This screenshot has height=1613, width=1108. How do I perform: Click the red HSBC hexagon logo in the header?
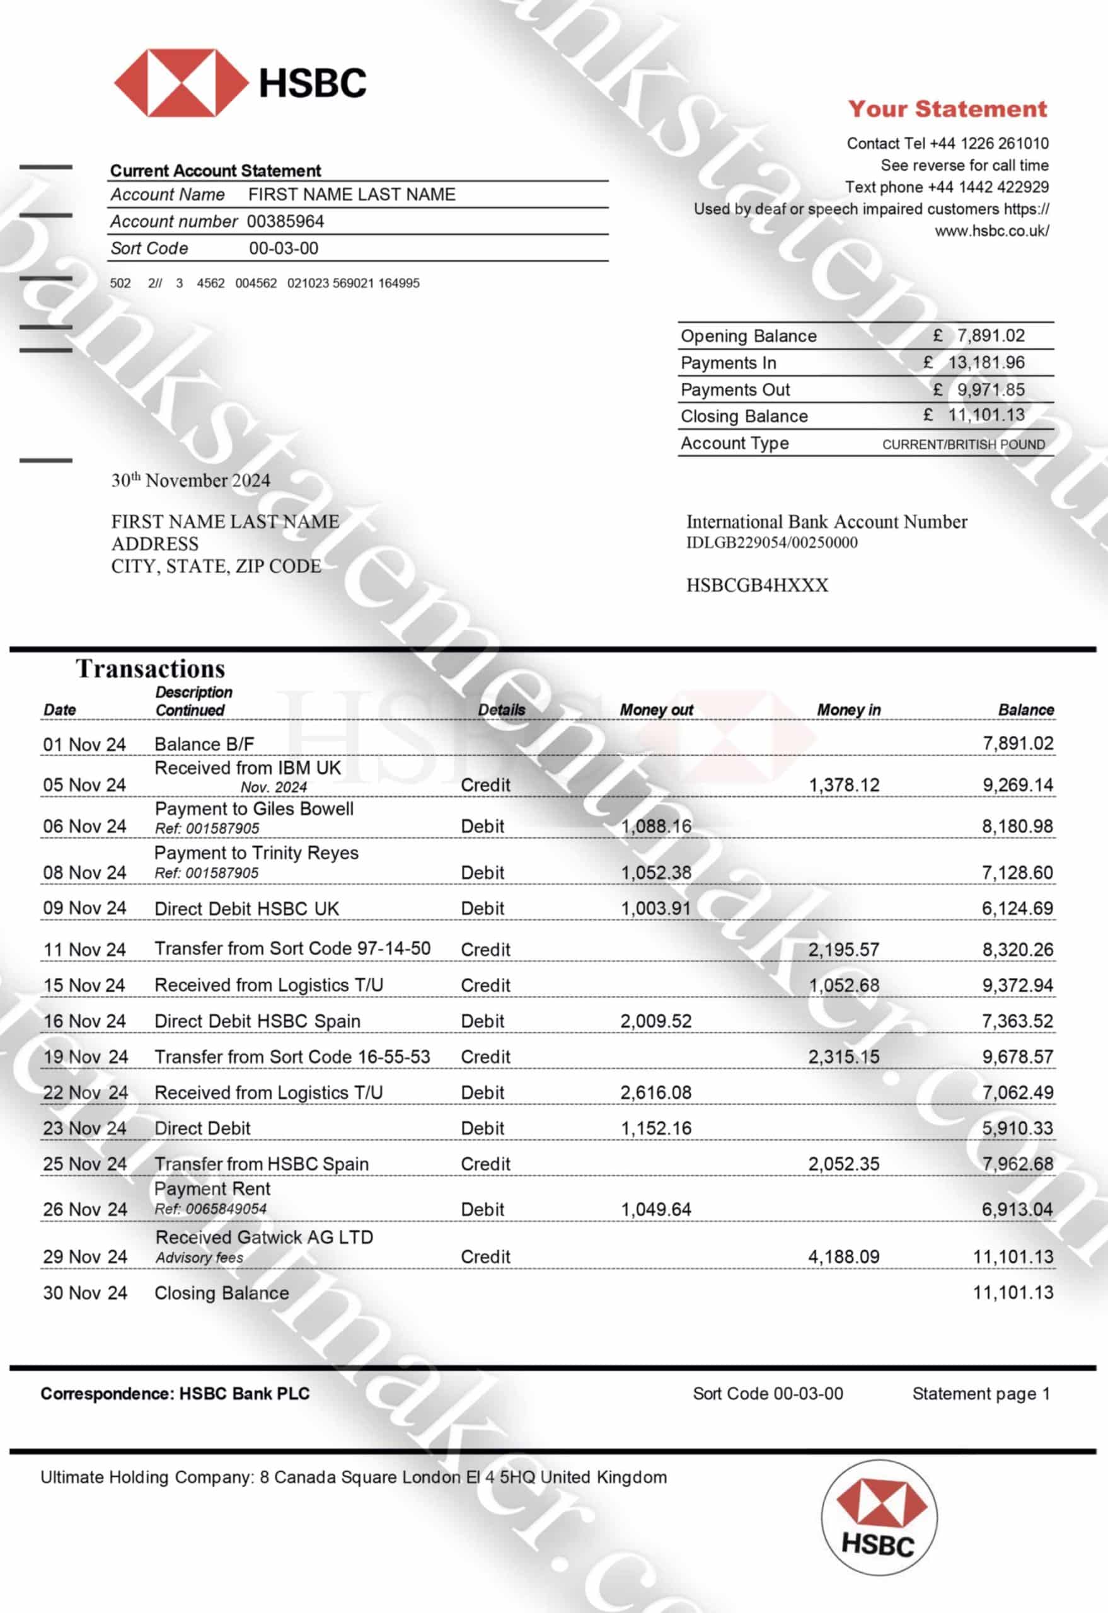[x=180, y=83]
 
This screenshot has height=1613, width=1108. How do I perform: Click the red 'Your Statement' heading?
[x=947, y=109]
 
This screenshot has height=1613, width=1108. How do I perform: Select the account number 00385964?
[x=286, y=221]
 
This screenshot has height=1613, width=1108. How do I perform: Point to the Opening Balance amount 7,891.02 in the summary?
[x=990, y=336]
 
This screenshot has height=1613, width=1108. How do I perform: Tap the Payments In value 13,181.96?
[x=986, y=362]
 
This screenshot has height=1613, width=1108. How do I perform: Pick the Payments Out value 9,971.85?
[x=990, y=389]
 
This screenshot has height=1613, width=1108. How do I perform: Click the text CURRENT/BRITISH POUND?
[x=963, y=444]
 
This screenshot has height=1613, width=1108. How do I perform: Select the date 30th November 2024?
[x=191, y=480]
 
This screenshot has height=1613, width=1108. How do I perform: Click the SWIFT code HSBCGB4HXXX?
[x=757, y=585]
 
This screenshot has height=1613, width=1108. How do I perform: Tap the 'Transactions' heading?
[x=151, y=669]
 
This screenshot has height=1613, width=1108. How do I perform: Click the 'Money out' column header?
[x=656, y=709]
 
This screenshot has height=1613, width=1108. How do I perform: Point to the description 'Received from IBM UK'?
[x=248, y=767]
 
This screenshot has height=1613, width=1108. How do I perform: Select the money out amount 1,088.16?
[x=656, y=826]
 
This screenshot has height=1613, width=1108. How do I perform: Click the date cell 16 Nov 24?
[x=84, y=1021]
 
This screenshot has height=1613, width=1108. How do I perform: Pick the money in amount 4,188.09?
[x=843, y=1256]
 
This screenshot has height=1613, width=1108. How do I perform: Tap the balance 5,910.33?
[x=1017, y=1128]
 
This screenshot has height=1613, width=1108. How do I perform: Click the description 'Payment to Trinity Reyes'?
[x=256, y=852]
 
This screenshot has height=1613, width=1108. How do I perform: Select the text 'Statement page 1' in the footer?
[x=980, y=1393]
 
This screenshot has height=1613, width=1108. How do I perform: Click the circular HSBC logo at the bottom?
[x=879, y=1538]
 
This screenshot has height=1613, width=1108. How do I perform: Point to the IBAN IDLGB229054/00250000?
[x=771, y=542]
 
